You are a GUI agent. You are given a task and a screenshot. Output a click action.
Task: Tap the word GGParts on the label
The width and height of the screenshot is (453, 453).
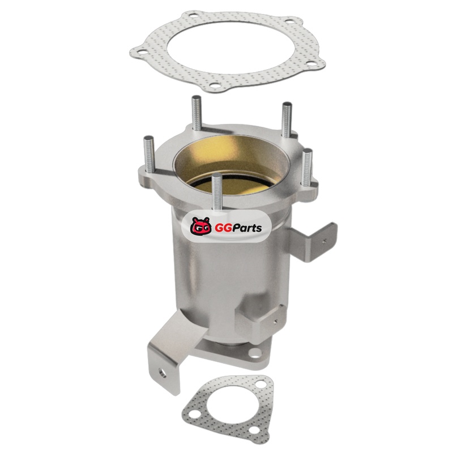click(238, 228)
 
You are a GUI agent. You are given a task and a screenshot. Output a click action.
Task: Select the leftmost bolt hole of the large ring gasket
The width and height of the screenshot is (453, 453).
click(140, 52)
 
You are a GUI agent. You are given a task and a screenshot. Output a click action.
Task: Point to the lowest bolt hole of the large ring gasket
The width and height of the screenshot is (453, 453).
click(215, 86)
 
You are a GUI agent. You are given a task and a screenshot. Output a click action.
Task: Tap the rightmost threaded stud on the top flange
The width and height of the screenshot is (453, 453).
click(306, 168)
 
